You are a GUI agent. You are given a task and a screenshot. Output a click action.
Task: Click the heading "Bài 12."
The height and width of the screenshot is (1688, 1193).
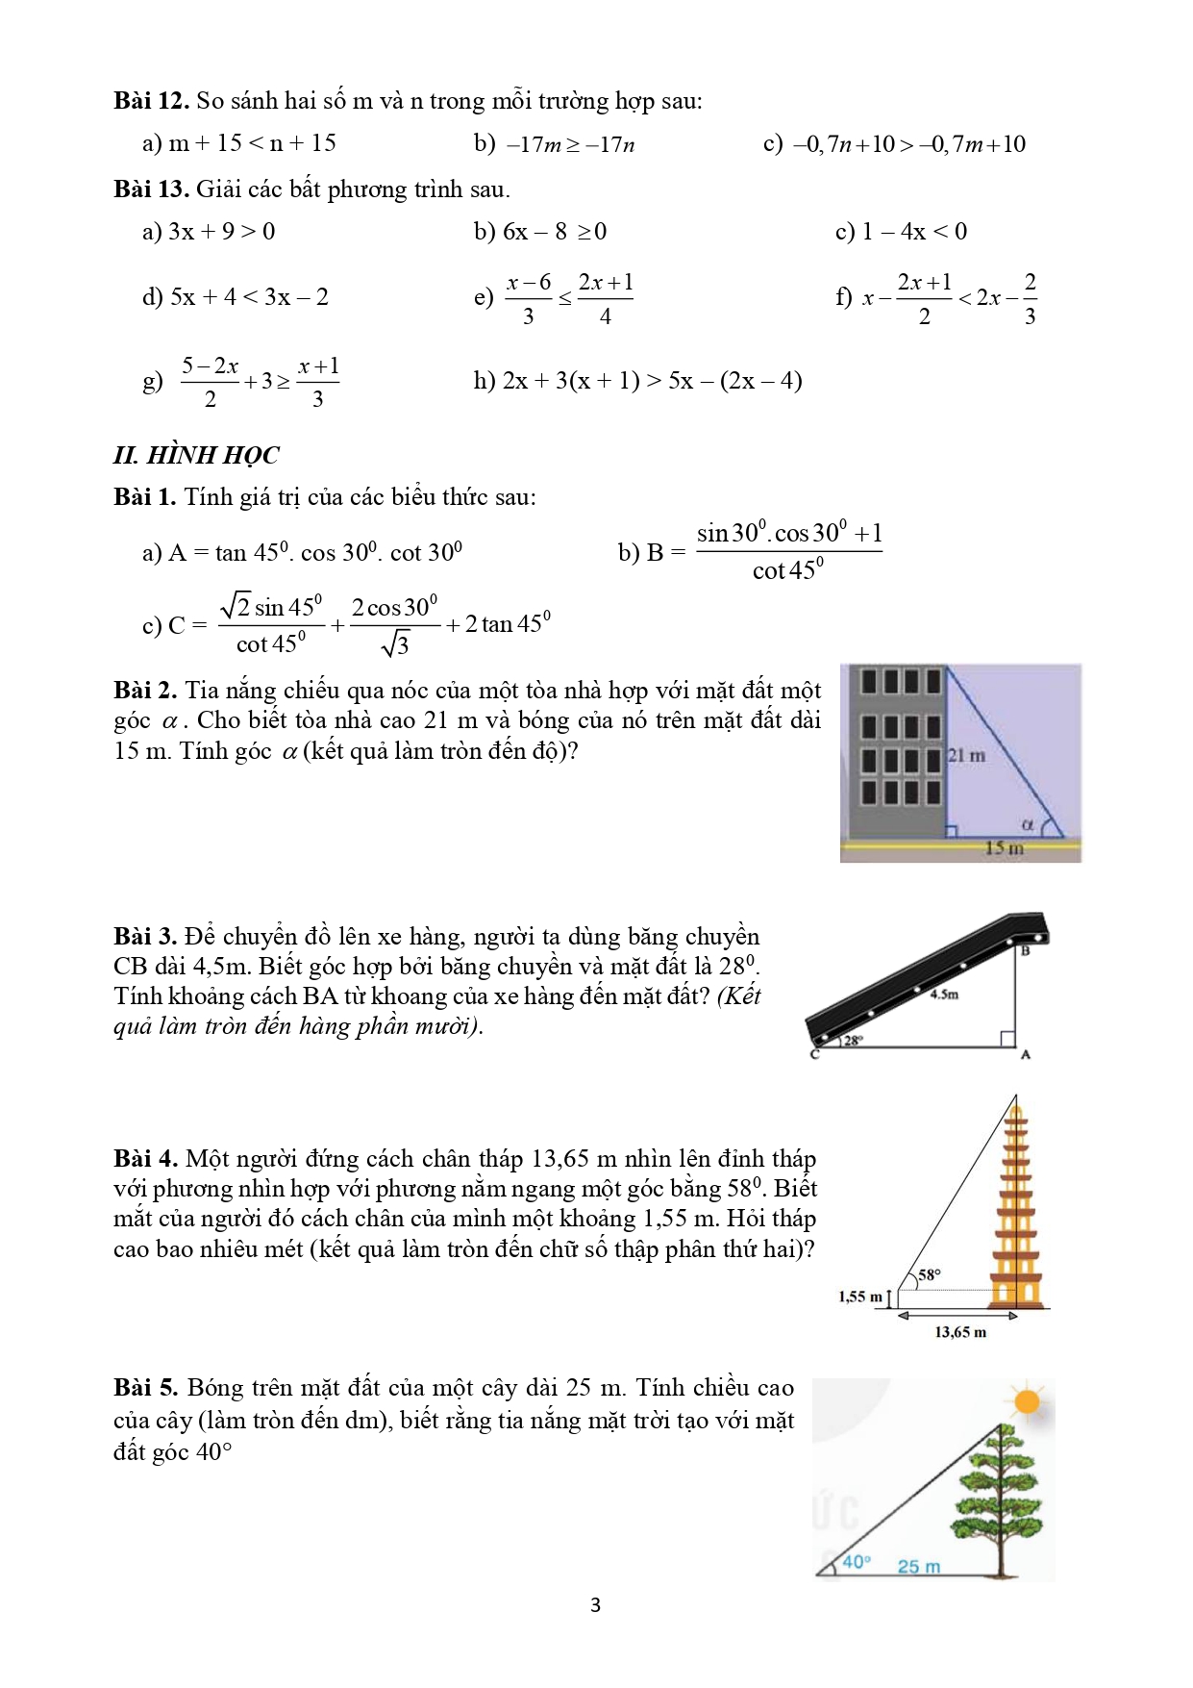(x=151, y=101)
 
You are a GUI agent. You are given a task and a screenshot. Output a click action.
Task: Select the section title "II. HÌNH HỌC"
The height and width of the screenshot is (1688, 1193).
(x=196, y=455)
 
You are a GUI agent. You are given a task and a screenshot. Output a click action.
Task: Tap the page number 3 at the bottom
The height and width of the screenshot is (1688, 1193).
(x=596, y=1604)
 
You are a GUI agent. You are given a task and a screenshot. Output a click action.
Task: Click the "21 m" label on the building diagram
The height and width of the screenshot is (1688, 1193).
(x=966, y=755)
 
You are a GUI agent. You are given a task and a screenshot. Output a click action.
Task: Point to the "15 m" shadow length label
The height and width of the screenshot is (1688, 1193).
(x=1004, y=847)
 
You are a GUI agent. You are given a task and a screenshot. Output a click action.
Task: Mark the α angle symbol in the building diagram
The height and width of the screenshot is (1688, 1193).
(x=1027, y=824)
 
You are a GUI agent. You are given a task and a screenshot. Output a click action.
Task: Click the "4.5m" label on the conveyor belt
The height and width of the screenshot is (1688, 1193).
(x=944, y=994)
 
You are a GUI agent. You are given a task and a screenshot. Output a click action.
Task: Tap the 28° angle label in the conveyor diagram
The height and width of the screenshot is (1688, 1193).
(x=854, y=1040)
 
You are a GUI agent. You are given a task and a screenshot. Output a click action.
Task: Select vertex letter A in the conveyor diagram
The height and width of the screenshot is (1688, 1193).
(x=1026, y=1055)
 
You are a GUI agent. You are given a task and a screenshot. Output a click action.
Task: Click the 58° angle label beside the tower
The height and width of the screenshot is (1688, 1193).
(x=930, y=1274)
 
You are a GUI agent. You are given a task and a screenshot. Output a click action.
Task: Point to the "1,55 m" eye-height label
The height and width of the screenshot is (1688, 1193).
(x=859, y=1297)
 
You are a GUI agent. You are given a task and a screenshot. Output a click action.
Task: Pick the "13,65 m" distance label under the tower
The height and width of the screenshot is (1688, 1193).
(x=960, y=1332)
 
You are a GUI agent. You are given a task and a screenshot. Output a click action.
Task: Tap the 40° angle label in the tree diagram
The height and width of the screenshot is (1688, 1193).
(x=856, y=1562)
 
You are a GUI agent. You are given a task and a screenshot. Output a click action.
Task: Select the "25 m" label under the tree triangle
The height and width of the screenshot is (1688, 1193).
(x=919, y=1566)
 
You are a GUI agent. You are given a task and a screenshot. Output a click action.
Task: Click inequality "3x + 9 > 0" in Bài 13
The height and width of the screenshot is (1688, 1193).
(x=221, y=232)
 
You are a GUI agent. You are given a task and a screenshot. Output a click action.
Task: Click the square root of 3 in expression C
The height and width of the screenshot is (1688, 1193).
(x=395, y=643)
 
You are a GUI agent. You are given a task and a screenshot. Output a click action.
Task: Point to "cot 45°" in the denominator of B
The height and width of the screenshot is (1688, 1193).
(x=787, y=570)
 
